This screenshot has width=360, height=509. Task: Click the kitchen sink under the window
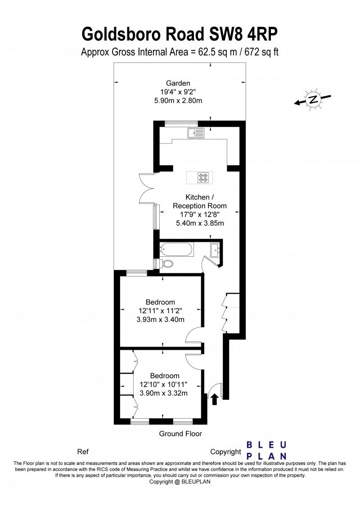[197, 133]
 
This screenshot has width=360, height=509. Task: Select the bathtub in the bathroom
[176, 249]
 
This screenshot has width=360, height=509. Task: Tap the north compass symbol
[312, 99]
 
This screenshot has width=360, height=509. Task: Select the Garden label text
[178, 83]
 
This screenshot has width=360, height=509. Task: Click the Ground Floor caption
[180, 434]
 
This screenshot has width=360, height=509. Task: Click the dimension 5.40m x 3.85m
[200, 223]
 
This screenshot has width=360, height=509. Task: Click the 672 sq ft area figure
[261, 52]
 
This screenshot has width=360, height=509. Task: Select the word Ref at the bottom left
[83, 451]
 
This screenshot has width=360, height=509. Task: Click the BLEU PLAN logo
[266, 451]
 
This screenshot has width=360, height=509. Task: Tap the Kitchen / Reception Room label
[200, 201]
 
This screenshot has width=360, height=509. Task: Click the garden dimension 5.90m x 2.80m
[178, 100]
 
